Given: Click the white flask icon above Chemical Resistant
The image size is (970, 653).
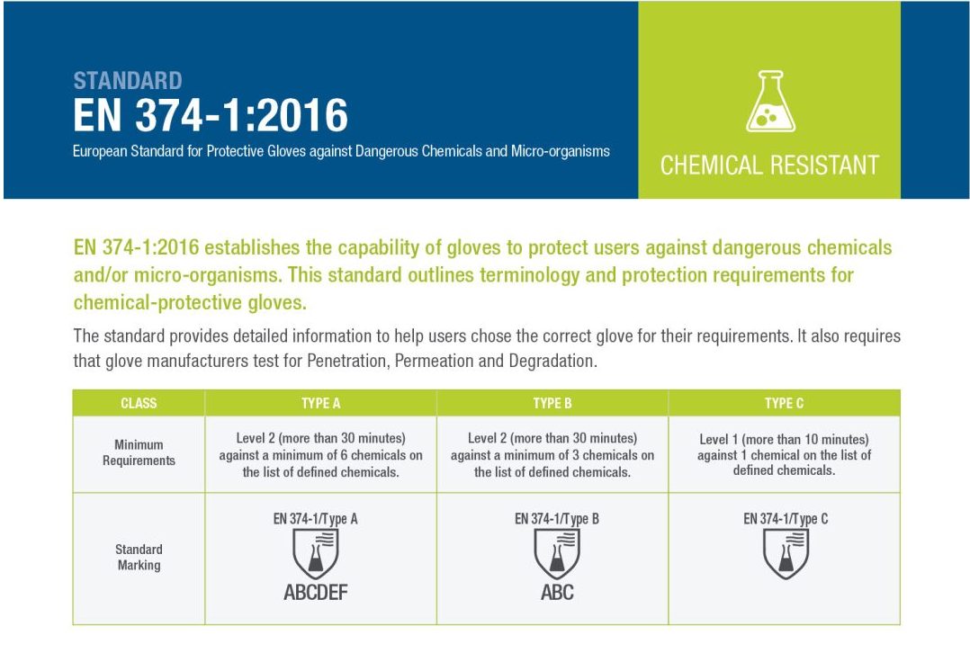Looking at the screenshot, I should coord(770,102).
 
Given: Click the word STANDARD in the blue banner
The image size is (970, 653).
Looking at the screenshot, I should coord(128,80).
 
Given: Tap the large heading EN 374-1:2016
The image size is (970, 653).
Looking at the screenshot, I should coord(211,116).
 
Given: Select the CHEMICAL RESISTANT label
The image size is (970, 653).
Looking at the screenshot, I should coord(769,165).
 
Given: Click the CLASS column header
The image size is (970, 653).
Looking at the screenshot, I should coord(139,403).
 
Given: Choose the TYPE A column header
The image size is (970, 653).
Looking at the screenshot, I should coord(320,403).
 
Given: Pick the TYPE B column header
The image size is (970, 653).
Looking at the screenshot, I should coord(552,403).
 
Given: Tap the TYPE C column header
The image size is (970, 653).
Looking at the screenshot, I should coord(784,403).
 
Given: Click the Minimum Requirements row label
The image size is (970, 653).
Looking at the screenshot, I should coord(139,452).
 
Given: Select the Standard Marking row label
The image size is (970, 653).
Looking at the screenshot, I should coord(139,557).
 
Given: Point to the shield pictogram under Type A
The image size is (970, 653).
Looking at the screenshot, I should coord(315,553).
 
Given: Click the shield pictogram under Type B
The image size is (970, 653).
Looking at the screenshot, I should coord(557,553).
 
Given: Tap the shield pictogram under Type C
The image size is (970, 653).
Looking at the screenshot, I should coord(786,553).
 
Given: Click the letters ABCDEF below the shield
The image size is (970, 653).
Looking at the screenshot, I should coord(315,592).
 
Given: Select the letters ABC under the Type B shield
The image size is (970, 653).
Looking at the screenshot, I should coord(557,592).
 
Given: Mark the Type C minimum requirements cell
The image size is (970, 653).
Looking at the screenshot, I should coord(784,454).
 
